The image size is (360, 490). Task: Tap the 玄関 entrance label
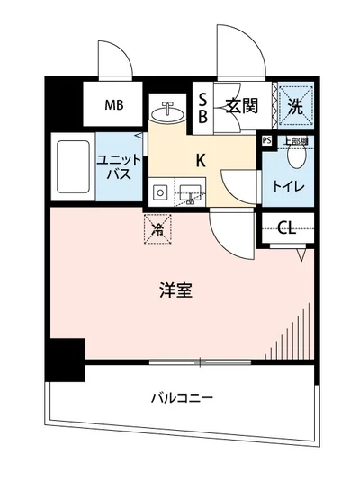[x=242, y=106]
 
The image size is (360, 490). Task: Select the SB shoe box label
[x=203, y=107]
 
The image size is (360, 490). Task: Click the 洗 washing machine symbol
[x=293, y=105]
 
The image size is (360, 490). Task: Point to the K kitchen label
[x=202, y=162]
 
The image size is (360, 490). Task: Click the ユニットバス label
[x=115, y=166]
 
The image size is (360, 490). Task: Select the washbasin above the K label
[x=167, y=114]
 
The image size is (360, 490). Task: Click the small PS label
[x=266, y=141]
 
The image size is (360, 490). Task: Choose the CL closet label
[x=287, y=227]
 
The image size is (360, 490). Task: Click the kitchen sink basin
[x=189, y=191]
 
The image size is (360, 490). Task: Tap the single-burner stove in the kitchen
[x=159, y=191]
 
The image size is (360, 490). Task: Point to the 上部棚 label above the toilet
[x=295, y=141]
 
